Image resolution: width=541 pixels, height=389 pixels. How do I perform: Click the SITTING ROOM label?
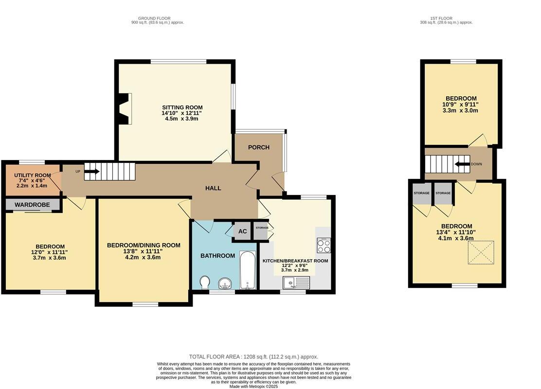(182, 107)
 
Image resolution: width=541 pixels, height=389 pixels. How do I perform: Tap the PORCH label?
(258, 147)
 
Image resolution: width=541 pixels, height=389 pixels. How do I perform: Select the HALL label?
(213, 188)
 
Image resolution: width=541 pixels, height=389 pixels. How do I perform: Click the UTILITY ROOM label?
(32, 175)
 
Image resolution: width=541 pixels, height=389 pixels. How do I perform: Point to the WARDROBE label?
(32, 205)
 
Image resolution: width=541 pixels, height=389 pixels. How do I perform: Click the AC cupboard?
(242, 231)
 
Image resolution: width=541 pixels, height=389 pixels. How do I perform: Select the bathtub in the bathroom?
(248, 270)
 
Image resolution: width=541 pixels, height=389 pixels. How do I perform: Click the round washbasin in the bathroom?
(225, 283)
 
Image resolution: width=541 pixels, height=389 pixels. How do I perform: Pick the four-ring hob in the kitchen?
(324, 246)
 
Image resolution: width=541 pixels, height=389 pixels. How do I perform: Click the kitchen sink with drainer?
(296, 282)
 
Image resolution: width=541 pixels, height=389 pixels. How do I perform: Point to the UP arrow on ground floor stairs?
(92, 171)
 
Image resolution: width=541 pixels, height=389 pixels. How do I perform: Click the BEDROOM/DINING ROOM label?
(144, 245)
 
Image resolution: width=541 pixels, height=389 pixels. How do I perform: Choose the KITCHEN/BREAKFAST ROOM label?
(295, 261)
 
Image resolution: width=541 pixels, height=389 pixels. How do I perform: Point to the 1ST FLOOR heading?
(446, 18)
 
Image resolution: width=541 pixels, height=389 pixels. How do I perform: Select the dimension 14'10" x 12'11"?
(182, 113)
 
